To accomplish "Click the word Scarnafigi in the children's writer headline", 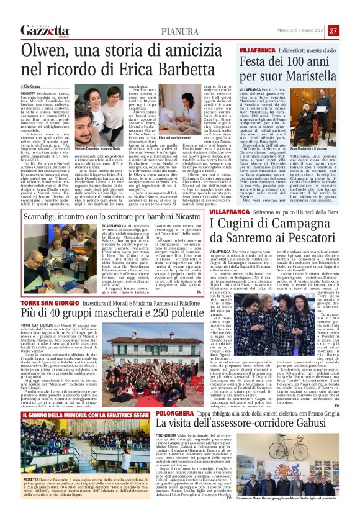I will coord(48,216).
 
